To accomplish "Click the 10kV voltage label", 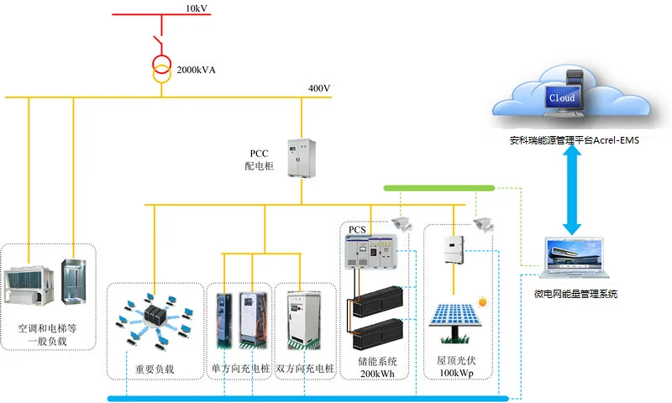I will [197, 8].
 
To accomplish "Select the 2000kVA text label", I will [196, 69].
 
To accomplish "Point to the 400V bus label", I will [319, 88].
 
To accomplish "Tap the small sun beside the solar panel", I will [483, 301].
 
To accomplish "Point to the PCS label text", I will [357, 229].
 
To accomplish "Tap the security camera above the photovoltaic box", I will [480, 223].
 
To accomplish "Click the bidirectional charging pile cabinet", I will [302, 319].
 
